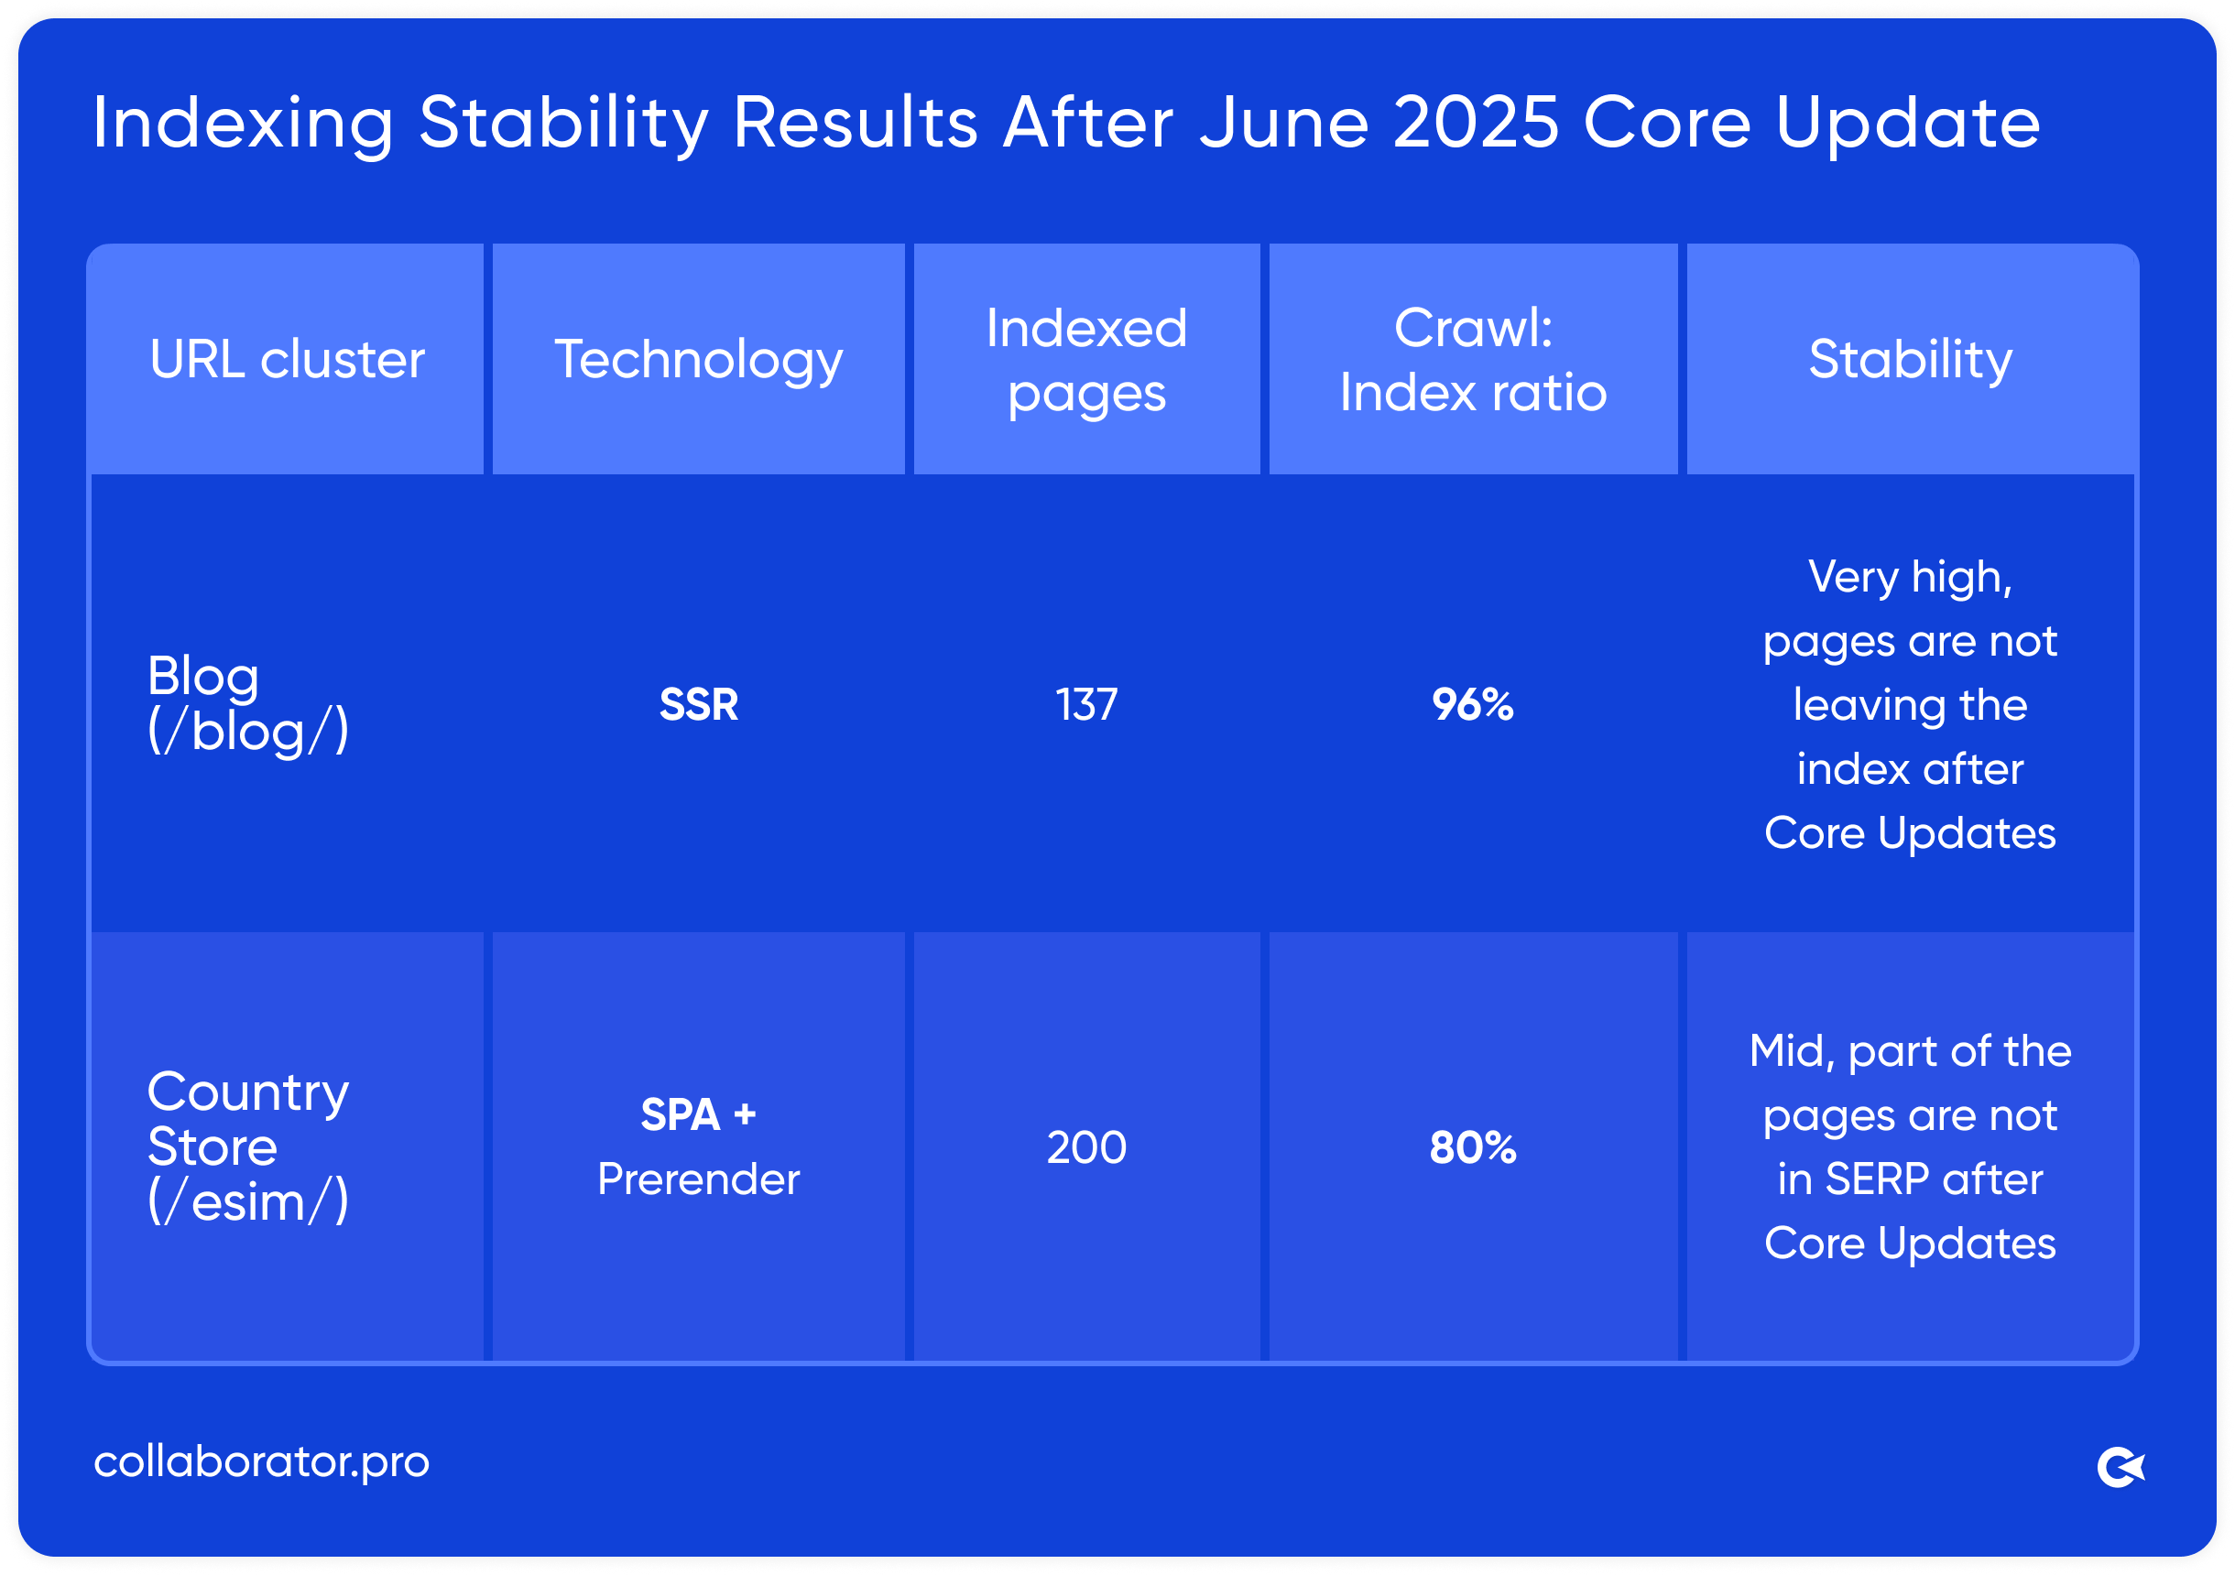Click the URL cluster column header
pos(288,359)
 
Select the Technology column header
pos(698,359)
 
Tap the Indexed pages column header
pos(1086,359)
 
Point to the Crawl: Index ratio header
pos(1473,359)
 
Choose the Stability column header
pos(1910,359)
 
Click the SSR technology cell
pos(698,704)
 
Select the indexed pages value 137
pos(1086,704)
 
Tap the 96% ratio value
pos(1473,704)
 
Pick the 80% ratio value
pos(1473,1147)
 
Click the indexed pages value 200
pos(1086,1147)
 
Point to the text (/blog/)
pos(247,731)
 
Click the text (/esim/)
pos(247,1202)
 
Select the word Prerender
pos(698,1179)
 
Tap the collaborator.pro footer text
pos(261,1461)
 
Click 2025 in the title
pos(1476,123)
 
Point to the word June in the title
pos(1283,123)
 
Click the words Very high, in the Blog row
pos(1910,576)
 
